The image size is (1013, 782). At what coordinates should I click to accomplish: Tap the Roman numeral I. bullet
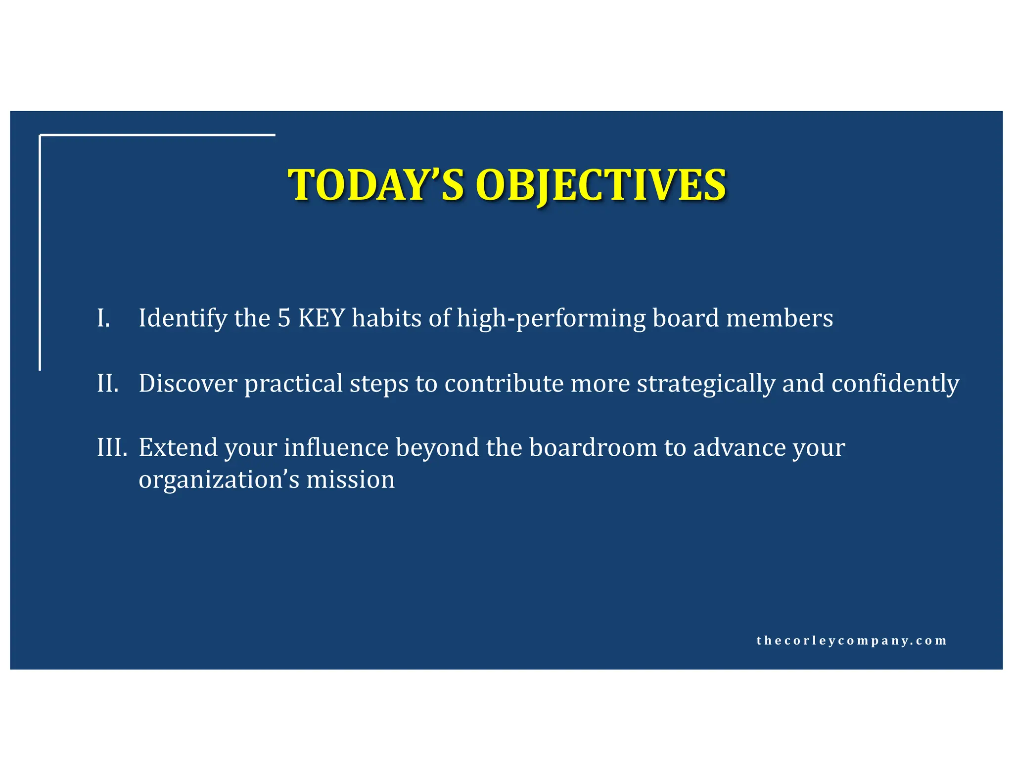pos(103,318)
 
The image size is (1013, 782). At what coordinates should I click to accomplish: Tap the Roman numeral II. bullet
pos(108,383)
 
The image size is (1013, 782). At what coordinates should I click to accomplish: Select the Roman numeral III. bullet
pos(112,447)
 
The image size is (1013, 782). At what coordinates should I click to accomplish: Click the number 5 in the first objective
pos(284,318)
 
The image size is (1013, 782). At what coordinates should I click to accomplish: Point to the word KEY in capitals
pos(322,318)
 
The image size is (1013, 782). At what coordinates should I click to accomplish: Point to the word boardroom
pos(593,447)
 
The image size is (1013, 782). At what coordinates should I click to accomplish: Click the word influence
pos(336,447)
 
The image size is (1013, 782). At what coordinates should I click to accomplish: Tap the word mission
pos(350,479)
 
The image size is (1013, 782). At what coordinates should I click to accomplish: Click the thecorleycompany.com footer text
pos(851,641)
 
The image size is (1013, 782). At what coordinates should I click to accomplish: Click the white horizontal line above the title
pos(157,134)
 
